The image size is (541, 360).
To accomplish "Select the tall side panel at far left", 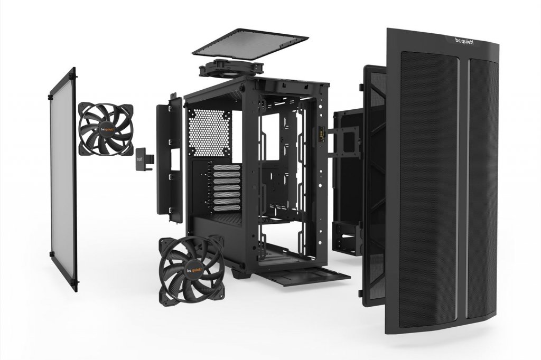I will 63,179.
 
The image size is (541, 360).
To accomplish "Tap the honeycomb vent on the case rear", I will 210,132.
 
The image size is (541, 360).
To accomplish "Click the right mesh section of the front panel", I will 483,185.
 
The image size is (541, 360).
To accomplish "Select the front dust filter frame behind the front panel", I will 374,185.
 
